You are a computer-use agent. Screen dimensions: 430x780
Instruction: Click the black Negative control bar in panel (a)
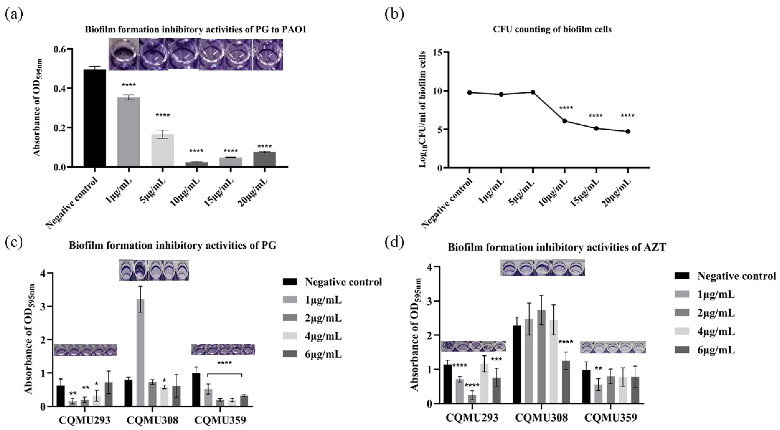95,118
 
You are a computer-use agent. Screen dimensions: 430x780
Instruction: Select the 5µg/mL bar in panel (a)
163,150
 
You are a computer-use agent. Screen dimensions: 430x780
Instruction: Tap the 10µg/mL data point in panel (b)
565,121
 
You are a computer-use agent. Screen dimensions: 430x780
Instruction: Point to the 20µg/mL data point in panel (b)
628,131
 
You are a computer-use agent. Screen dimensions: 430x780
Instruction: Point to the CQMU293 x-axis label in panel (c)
85,420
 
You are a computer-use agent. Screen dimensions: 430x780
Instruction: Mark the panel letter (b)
394,14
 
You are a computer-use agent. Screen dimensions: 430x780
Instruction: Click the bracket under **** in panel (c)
224,374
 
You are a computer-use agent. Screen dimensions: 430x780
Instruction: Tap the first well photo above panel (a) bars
124,55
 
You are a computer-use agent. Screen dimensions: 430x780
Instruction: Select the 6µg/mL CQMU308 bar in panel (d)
566,382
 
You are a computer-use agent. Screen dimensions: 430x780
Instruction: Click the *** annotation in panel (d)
496,360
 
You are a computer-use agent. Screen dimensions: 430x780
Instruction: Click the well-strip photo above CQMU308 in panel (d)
542,268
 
